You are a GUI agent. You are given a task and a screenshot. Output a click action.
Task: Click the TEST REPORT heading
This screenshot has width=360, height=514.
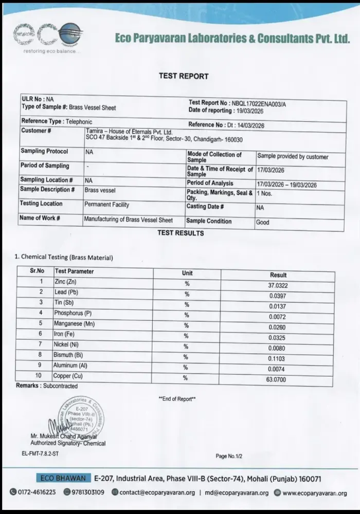tap(184, 76)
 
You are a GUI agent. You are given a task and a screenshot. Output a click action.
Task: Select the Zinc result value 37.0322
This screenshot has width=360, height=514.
tap(278, 285)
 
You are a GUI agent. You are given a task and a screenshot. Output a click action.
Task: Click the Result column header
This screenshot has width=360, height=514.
tap(278, 275)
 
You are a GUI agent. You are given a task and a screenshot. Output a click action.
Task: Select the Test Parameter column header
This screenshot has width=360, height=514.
tap(75, 271)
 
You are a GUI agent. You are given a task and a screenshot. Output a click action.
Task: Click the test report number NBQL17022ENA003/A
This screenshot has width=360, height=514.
tap(259, 103)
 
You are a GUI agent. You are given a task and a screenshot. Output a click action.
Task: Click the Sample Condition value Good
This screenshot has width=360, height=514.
tap(263, 223)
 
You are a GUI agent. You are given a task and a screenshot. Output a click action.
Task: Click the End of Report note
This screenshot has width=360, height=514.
tap(177, 399)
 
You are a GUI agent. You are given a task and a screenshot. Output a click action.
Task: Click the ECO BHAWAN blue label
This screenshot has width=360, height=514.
tap(64, 478)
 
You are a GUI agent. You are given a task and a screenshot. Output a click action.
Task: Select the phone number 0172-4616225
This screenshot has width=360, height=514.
tap(37, 492)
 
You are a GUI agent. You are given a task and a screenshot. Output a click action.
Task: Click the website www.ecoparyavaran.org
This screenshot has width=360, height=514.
tap(314, 493)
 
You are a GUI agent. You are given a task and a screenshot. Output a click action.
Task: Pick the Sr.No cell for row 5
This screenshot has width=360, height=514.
tap(41, 323)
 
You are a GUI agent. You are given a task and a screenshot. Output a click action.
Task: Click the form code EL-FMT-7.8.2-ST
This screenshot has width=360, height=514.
tap(40, 454)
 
